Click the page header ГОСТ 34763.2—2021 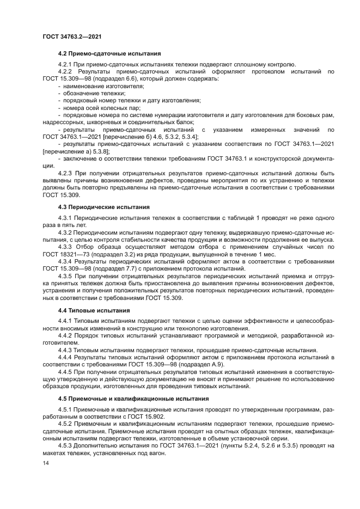coord(72,36)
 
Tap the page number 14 coord(46,463)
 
